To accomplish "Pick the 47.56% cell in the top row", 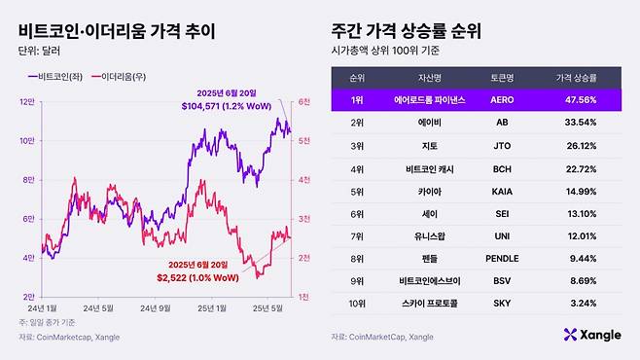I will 576,99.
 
